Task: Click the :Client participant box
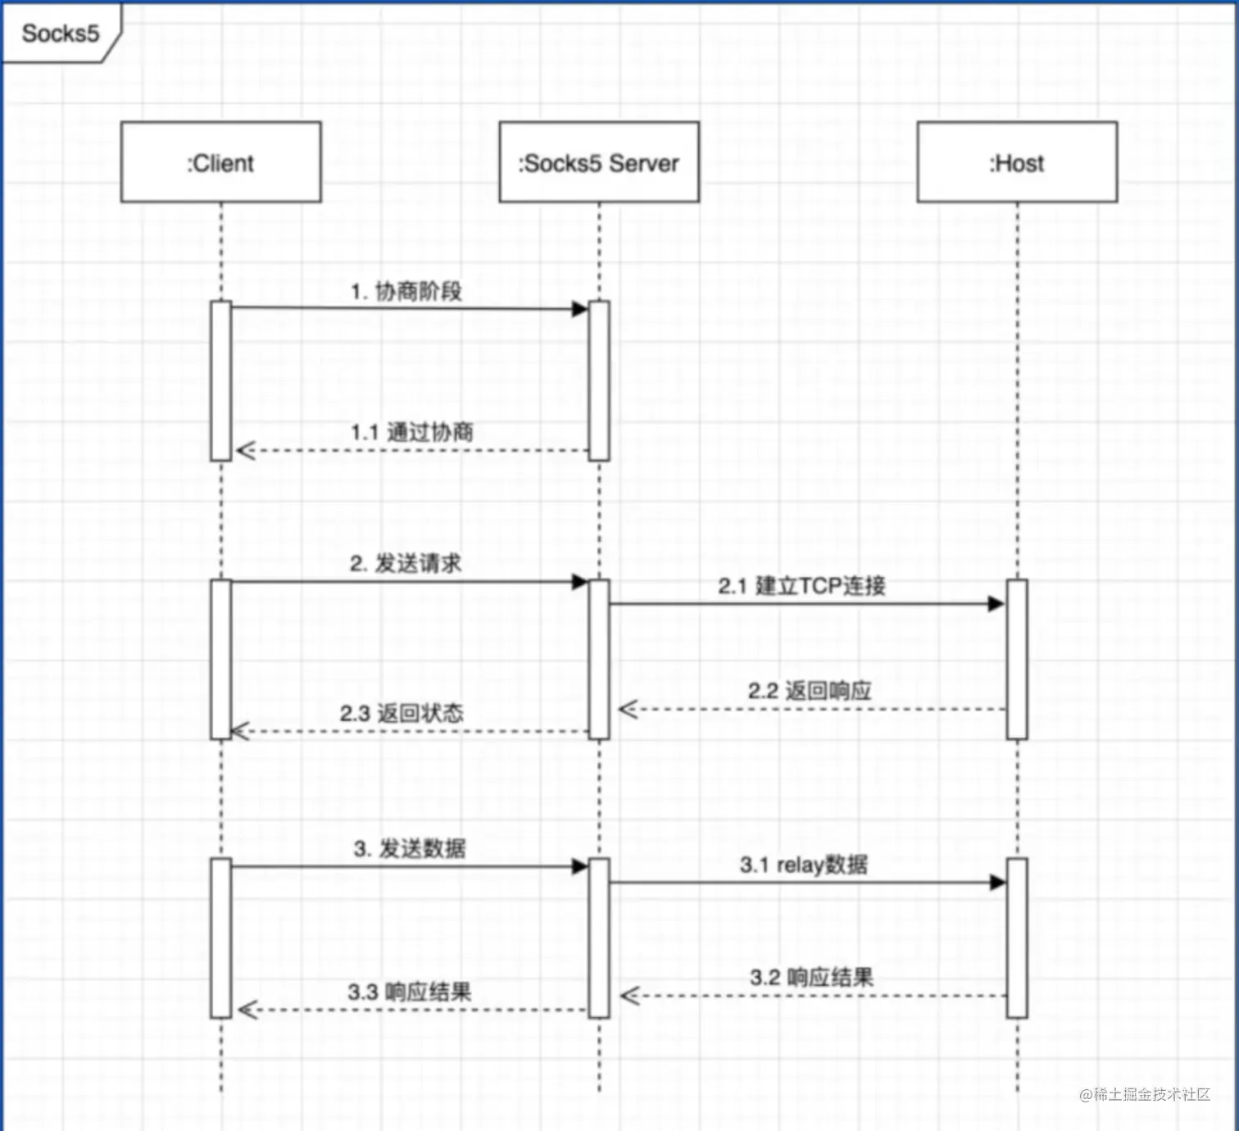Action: click(x=220, y=162)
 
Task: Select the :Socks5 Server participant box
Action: click(x=599, y=162)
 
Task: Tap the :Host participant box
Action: click(x=1017, y=162)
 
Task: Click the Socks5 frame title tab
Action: click(x=60, y=34)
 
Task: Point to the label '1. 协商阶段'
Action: click(x=406, y=291)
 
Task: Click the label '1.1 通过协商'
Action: click(x=412, y=432)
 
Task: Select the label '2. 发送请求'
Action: click(x=406, y=563)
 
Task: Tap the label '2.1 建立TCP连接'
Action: click(x=801, y=585)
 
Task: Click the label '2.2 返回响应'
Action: click(x=809, y=690)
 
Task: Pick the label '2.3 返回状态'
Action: click(x=402, y=712)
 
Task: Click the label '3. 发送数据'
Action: click(x=410, y=848)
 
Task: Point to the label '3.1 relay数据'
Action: click(x=803, y=865)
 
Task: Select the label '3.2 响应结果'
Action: click(x=811, y=977)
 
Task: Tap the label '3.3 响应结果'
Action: click(x=409, y=992)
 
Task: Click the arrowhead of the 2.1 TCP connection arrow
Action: click(x=996, y=604)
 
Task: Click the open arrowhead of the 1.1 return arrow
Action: click(x=246, y=450)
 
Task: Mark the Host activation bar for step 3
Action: click(x=1017, y=938)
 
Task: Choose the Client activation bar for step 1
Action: click(x=220, y=381)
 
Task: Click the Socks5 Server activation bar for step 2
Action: click(x=599, y=660)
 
